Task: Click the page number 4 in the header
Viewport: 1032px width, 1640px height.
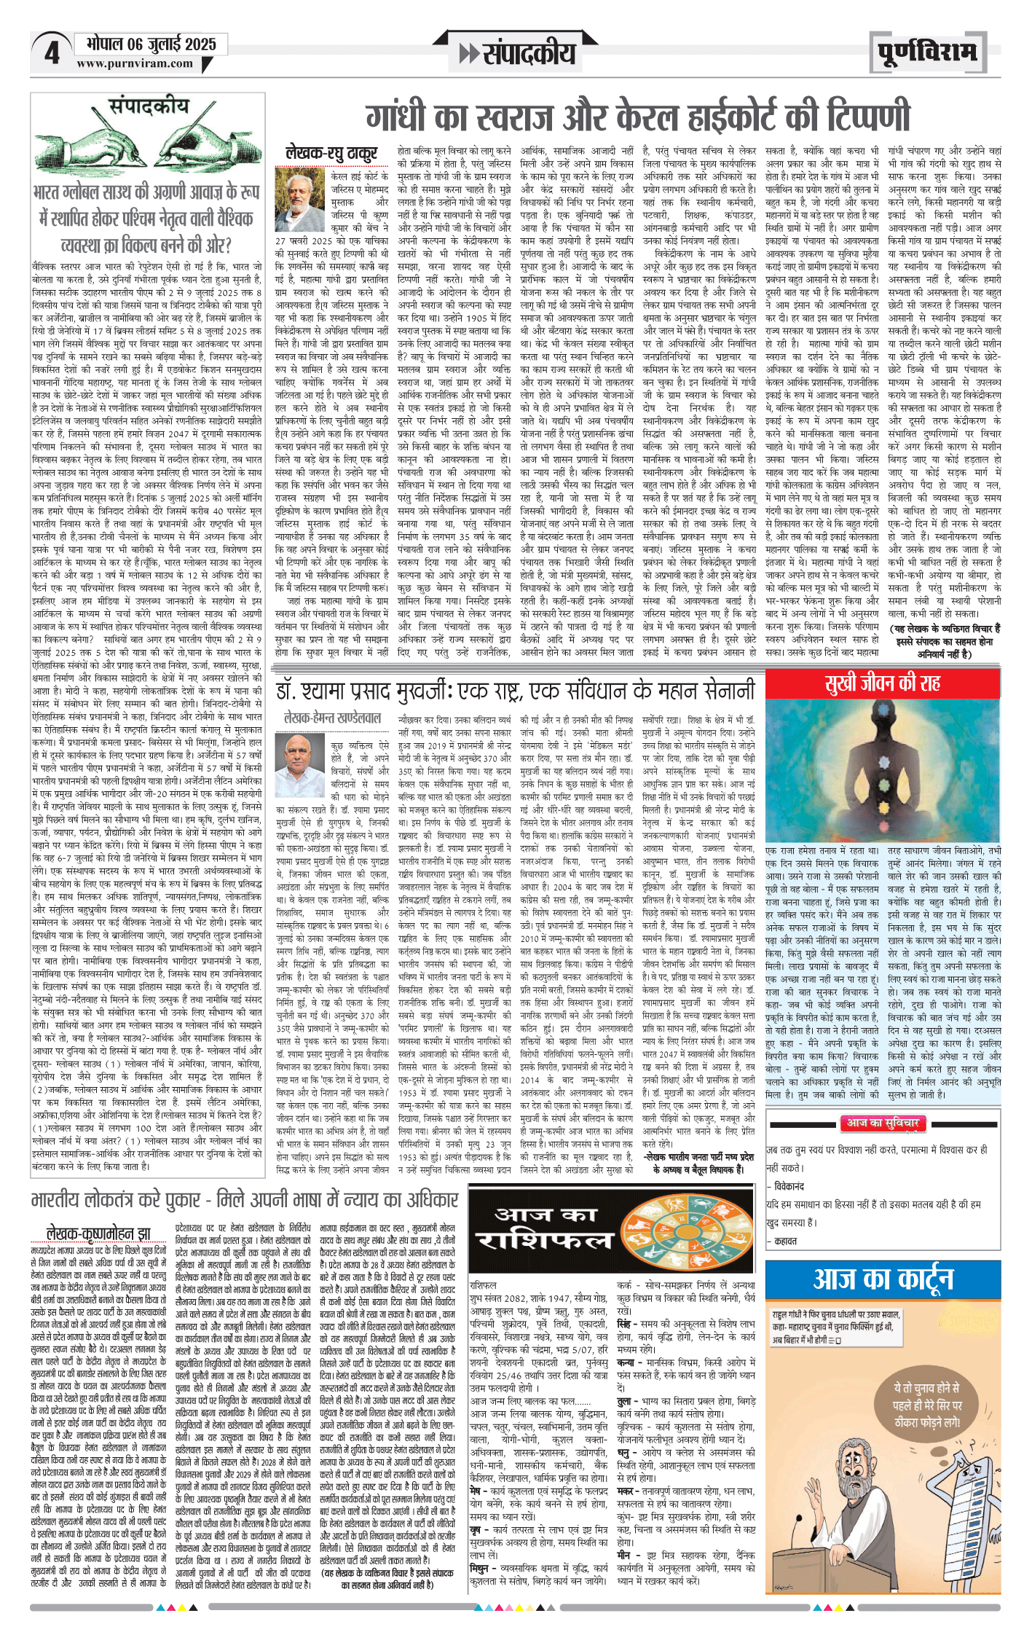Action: [52, 53]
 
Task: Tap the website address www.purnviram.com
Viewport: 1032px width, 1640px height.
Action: [135, 64]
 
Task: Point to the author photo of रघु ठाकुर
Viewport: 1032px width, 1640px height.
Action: [299, 199]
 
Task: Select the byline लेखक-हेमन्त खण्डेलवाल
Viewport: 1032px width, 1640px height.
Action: [333, 718]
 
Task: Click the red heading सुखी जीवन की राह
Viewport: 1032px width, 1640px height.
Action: [882, 683]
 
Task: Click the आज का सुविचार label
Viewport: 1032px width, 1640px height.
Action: [882, 1123]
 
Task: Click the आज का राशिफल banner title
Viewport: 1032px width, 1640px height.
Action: [545, 1228]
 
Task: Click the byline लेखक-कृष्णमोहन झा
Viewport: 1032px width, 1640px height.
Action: [98, 1233]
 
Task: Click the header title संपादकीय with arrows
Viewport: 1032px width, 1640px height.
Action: [517, 53]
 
